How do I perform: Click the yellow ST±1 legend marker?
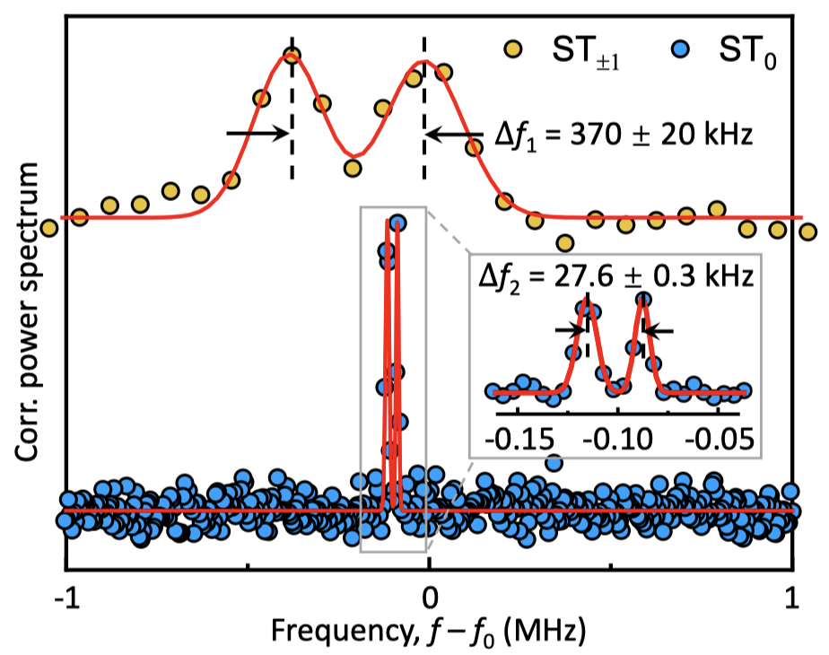(513, 48)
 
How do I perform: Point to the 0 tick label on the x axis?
(429, 598)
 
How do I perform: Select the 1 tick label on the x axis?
(792, 598)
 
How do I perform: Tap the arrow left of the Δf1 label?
(458, 134)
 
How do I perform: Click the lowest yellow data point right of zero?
(564, 242)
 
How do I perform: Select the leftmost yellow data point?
(50, 229)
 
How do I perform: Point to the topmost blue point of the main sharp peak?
(397, 223)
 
